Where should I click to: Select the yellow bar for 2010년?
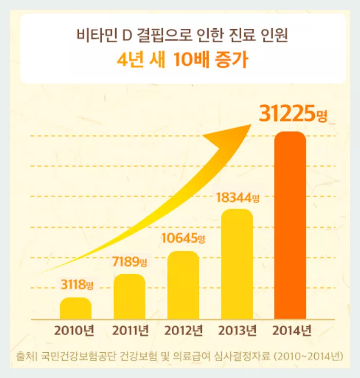click(75, 308)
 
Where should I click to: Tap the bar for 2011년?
click(129, 297)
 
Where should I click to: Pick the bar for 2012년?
click(183, 285)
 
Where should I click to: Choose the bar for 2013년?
click(237, 264)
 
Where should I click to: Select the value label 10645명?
click(183, 238)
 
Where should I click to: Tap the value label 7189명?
click(129, 263)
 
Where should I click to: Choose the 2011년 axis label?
click(130, 331)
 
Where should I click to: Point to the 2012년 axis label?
click(183, 331)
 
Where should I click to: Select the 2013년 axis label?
click(237, 331)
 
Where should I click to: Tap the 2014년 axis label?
click(291, 331)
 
